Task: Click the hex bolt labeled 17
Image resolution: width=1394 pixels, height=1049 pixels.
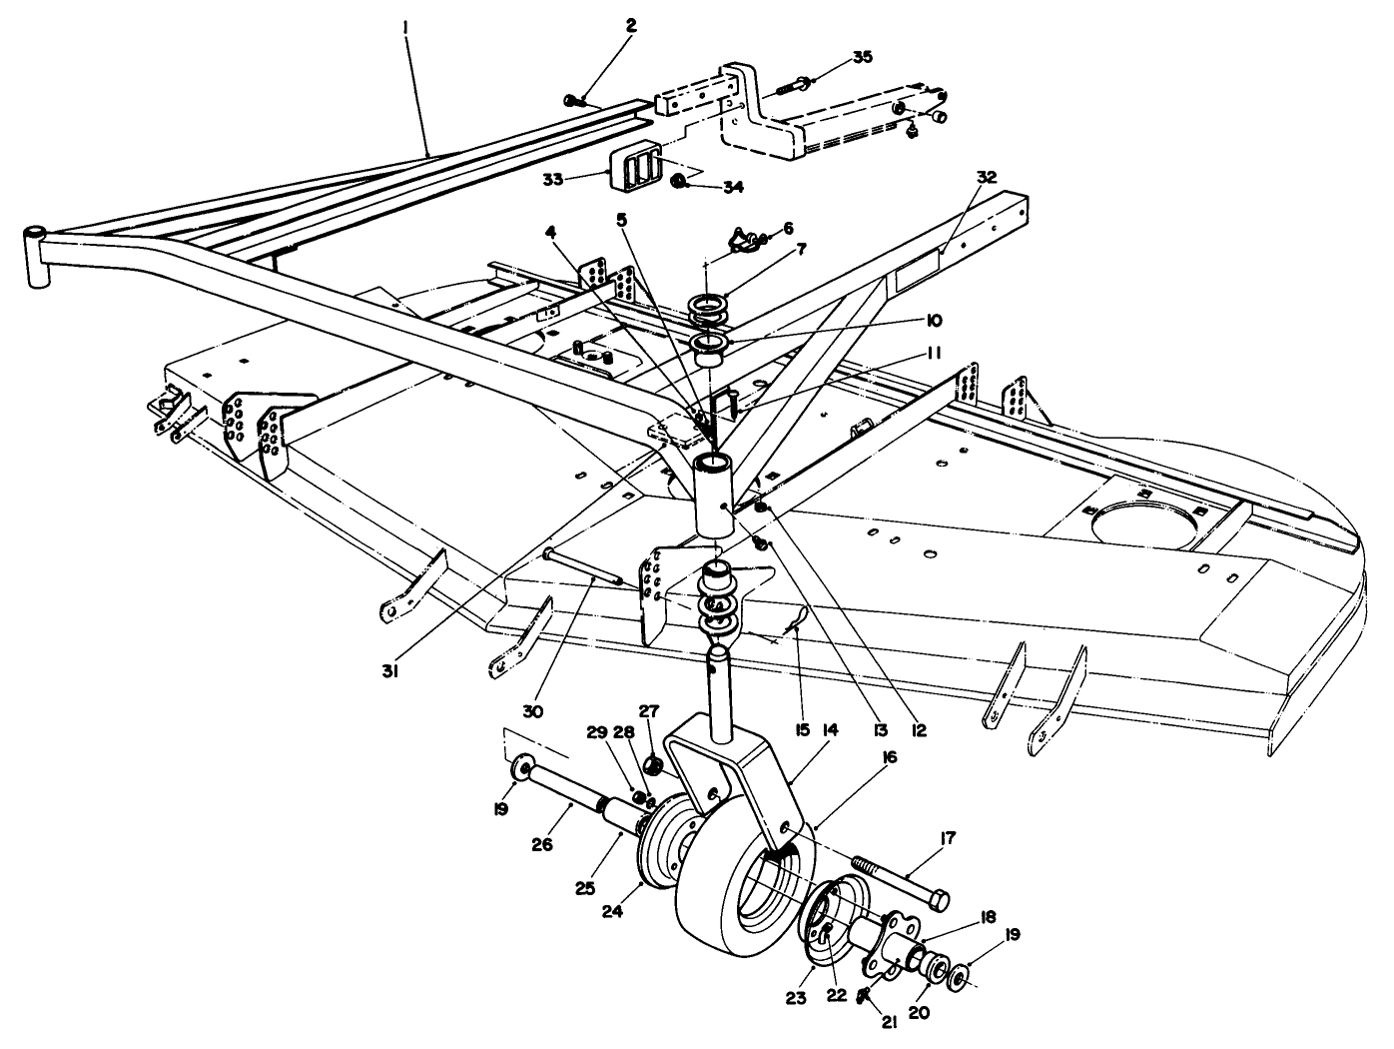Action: pos(900,878)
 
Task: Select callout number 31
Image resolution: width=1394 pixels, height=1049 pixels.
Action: pos(390,672)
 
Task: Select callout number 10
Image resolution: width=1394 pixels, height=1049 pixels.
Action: pos(933,321)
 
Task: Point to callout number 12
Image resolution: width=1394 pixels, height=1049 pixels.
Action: pos(918,730)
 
